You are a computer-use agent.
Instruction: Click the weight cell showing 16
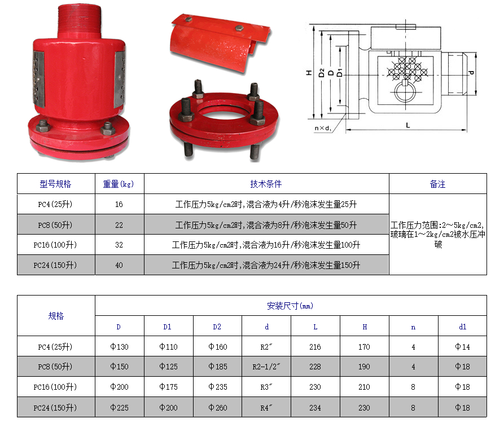[119, 204]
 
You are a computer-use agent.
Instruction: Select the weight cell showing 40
[119, 265]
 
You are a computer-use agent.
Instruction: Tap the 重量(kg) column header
[119, 184]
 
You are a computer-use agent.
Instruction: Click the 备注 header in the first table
[437, 184]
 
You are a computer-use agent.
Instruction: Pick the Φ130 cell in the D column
[119, 347]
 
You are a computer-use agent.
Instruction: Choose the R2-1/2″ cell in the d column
[266, 367]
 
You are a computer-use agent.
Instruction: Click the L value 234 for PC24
[315, 408]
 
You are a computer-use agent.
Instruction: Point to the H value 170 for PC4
[364, 347]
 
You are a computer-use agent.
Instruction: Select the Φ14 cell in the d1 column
[462, 347]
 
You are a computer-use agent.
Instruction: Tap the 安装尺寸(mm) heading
[290, 306]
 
